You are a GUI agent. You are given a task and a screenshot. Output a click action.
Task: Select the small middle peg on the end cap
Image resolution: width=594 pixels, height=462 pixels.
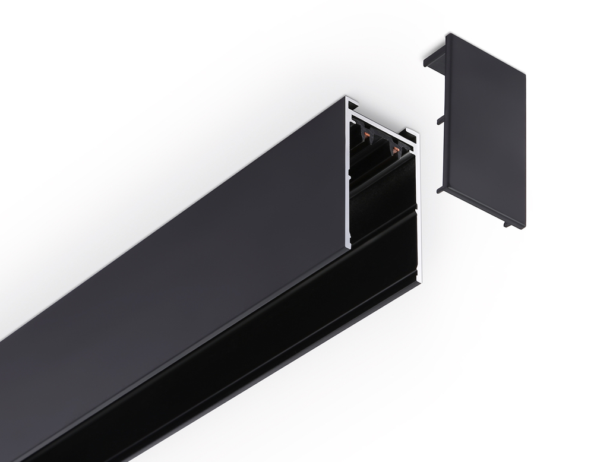pos(440,121)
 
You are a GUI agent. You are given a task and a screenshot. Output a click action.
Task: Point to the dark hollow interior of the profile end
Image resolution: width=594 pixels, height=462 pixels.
pos(380,196)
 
